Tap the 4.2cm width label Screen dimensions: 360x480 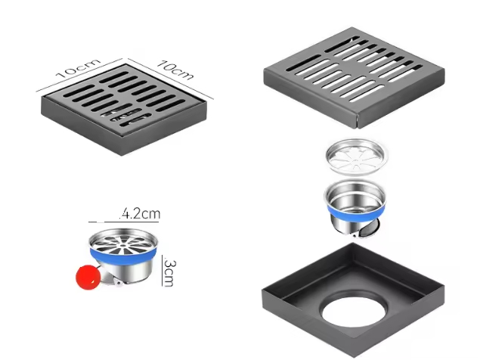click(141, 214)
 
